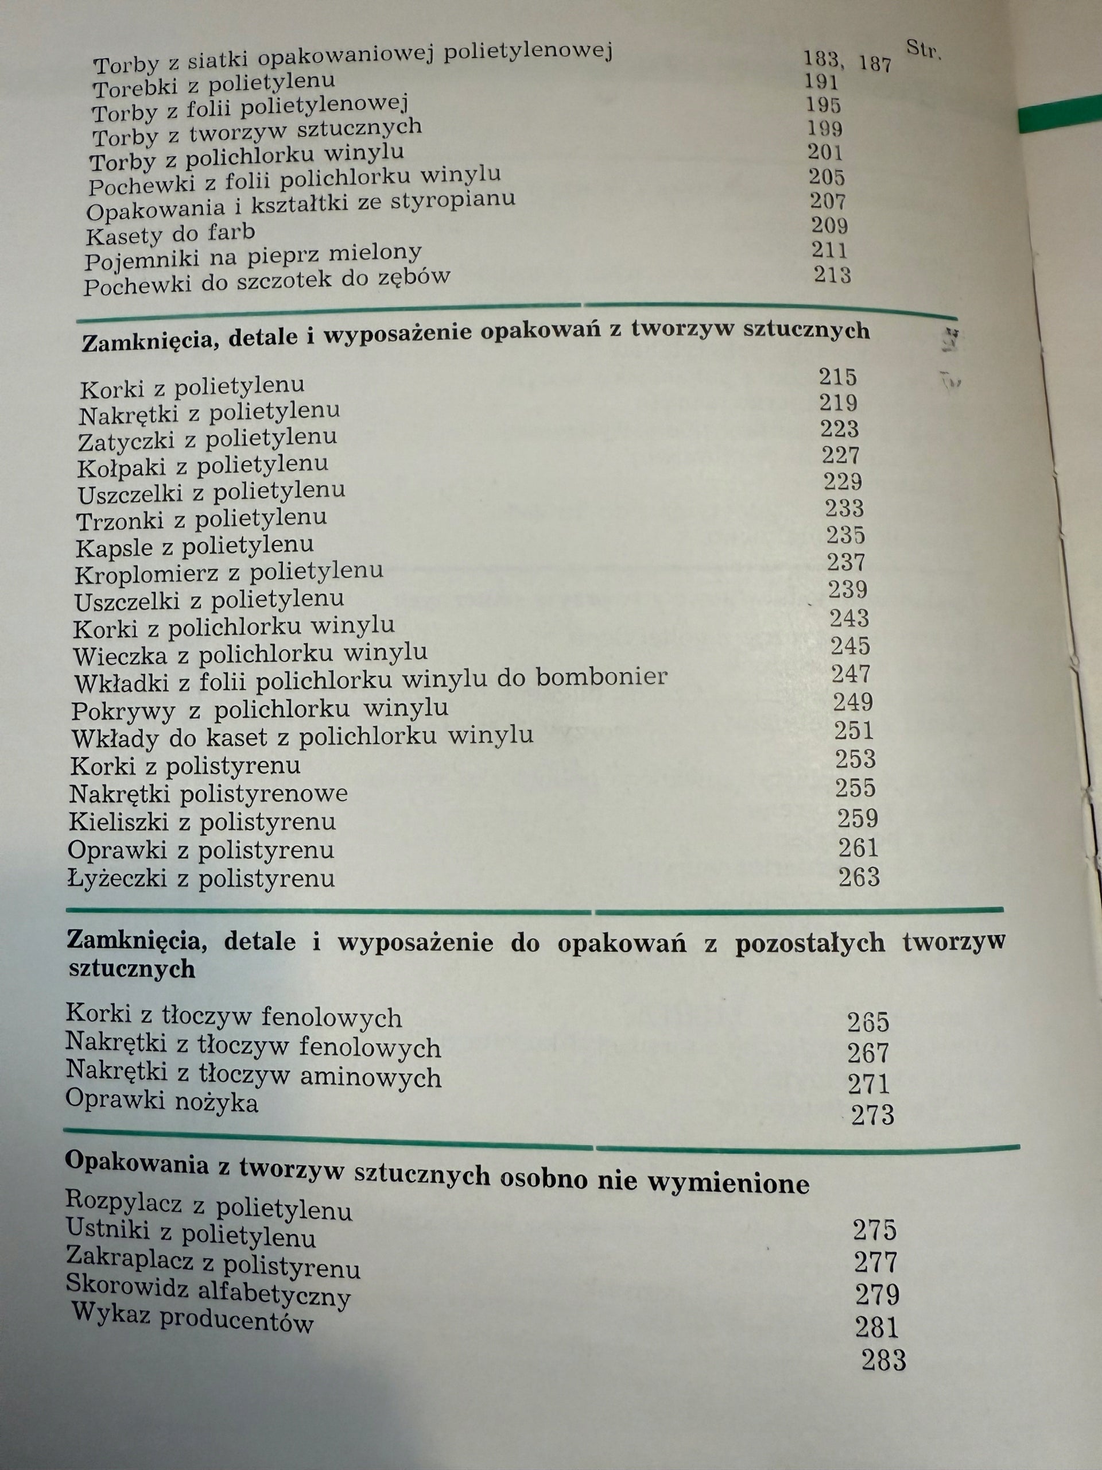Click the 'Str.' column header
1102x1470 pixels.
(923, 50)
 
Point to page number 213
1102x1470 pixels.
(832, 274)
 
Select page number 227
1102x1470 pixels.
(840, 455)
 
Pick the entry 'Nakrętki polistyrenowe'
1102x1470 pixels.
(208, 794)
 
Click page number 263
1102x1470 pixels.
(859, 877)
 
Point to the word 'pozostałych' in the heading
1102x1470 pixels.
(810, 943)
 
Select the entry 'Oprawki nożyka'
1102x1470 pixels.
(161, 1102)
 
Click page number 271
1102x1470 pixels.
(868, 1085)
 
